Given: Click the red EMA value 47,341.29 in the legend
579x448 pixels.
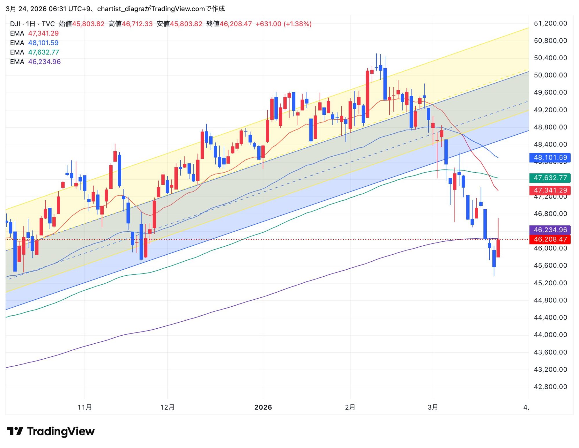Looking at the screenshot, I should click(x=43, y=33).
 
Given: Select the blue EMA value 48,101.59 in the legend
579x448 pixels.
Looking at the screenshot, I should click(x=43, y=43).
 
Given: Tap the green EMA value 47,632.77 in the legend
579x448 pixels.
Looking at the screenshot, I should click(x=43, y=52).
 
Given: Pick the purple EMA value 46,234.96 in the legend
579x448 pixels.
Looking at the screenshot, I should click(x=44, y=62).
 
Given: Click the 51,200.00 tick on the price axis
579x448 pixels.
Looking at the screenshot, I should click(x=550, y=23).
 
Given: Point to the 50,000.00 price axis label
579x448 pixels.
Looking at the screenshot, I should click(x=550, y=75).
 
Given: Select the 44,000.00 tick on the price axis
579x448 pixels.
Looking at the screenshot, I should click(x=550, y=335).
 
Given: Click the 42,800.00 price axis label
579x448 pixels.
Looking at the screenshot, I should click(x=550, y=387).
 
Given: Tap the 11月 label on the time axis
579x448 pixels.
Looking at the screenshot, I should click(x=85, y=407).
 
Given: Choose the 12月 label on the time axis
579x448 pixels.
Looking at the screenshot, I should click(x=167, y=407).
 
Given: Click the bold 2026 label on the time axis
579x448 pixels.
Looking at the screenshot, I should click(x=263, y=407).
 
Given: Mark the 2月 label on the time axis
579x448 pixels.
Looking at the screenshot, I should click(x=350, y=407).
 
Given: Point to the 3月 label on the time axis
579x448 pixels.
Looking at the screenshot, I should click(x=433, y=407).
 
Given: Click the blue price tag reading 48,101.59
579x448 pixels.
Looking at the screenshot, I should click(x=550, y=158).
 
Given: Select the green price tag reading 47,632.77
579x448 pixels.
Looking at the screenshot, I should click(x=550, y=178).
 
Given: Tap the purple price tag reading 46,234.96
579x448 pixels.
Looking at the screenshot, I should click(x=550, y=230).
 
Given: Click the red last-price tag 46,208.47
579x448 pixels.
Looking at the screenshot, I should click(x=550, y=239).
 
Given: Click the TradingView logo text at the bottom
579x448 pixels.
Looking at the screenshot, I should click(x=61, y=431).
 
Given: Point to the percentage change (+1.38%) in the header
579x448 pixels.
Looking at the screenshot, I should click(x=297, y=24).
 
